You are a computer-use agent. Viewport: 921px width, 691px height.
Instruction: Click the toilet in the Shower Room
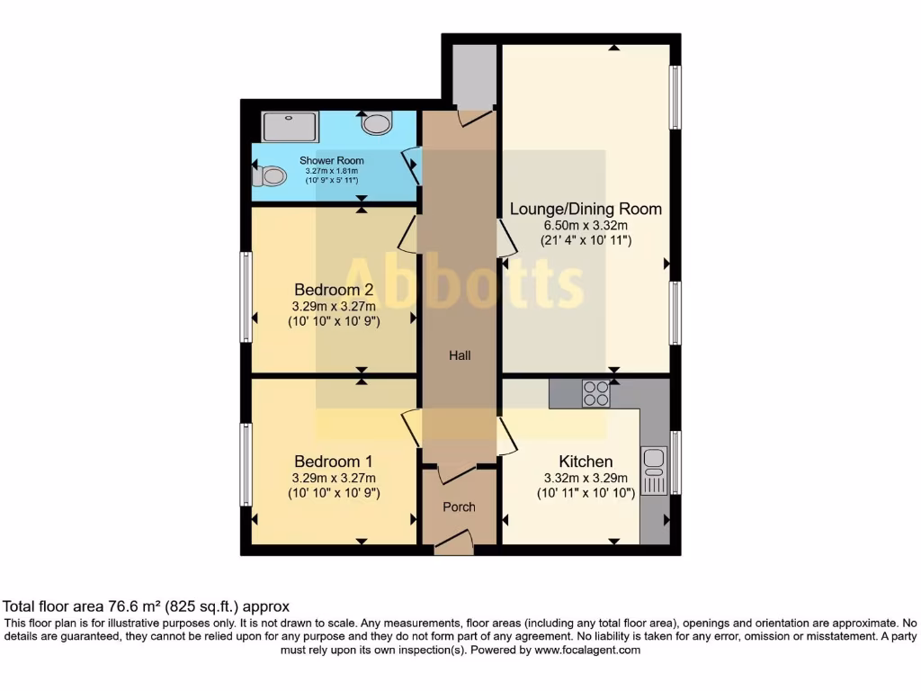pos(271,175)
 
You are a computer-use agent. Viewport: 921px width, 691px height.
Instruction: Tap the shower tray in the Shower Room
pos(290,126)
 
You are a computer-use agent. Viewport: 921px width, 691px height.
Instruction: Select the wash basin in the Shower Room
pos(377,122)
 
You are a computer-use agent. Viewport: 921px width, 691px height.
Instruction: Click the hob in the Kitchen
pos(595,393)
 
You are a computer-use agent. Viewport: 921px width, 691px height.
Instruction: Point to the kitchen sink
pos(654,471)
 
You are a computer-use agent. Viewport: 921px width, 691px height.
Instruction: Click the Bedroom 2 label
pos(334,290)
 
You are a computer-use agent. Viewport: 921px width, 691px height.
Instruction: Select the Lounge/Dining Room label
pos(586,209)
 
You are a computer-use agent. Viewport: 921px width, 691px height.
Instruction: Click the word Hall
pos(460,355)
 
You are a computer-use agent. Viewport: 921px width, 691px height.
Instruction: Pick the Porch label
pos(459,507)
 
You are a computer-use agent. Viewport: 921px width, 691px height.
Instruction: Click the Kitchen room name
pos(586,462)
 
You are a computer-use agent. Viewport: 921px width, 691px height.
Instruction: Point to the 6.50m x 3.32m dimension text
pos(586,225)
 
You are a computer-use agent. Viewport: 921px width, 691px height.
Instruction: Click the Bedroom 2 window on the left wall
pos(245,297)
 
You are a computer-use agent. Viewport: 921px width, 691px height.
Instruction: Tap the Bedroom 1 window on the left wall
pos(245,464)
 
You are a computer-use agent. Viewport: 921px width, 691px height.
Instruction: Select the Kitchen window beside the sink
pos(675,462)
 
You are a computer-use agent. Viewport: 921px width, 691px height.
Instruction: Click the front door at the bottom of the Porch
pos(454,542)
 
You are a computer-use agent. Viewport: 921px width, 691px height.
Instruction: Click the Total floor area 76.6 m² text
pos(147,606)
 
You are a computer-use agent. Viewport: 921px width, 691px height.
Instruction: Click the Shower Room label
pos(332,160)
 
